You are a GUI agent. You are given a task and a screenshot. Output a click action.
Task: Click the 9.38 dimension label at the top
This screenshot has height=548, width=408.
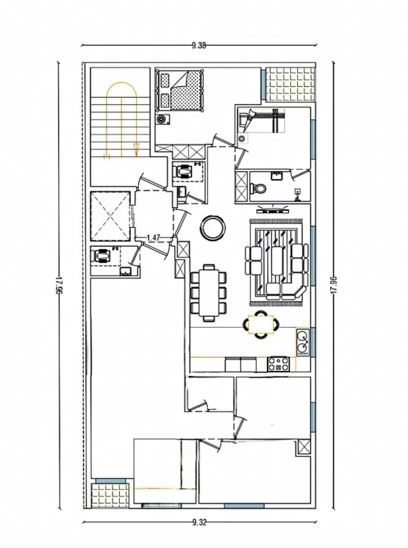198,45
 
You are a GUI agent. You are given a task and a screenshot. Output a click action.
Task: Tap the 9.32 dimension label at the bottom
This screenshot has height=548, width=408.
200,522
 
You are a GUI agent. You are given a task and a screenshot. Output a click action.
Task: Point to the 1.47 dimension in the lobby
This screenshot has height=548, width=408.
153,238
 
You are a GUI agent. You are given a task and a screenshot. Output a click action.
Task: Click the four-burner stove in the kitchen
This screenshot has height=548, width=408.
279,364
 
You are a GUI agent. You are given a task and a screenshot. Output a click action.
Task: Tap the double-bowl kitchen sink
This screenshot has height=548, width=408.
302,342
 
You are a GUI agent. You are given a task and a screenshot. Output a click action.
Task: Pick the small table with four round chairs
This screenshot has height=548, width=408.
261,325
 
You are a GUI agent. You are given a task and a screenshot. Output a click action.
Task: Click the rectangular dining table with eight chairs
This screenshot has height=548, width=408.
209,292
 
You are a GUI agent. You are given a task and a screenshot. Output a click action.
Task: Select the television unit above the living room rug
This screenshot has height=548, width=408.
273,209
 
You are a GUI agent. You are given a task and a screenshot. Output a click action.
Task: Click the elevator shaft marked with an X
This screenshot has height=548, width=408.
110,216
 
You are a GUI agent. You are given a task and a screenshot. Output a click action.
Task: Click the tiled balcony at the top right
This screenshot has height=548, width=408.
290,84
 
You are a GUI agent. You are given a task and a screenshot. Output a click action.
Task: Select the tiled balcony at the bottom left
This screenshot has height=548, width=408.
110,496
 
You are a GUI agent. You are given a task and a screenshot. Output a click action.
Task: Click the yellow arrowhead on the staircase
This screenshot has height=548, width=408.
136,148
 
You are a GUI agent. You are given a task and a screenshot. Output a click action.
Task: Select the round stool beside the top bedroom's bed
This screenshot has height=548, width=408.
162,120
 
